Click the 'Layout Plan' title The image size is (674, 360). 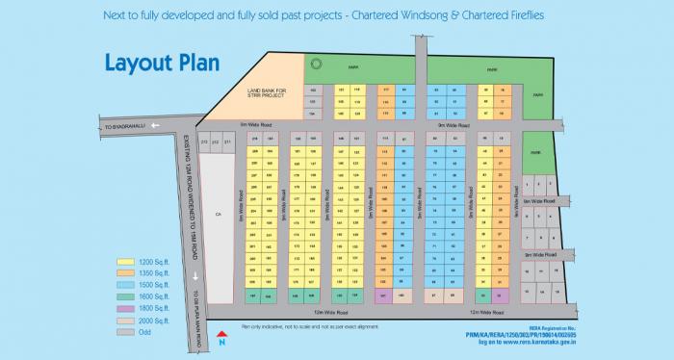tap(162, 64)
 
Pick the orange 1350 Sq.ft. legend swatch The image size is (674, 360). tap(123, 273)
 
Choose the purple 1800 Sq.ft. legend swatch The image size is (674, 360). tap(123, 308)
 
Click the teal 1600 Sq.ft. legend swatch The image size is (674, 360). tap(123, 296)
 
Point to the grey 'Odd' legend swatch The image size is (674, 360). tap(123, 332)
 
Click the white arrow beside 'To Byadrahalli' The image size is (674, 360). tap(100, 125)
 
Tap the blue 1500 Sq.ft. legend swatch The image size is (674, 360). tap(123, 285)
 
